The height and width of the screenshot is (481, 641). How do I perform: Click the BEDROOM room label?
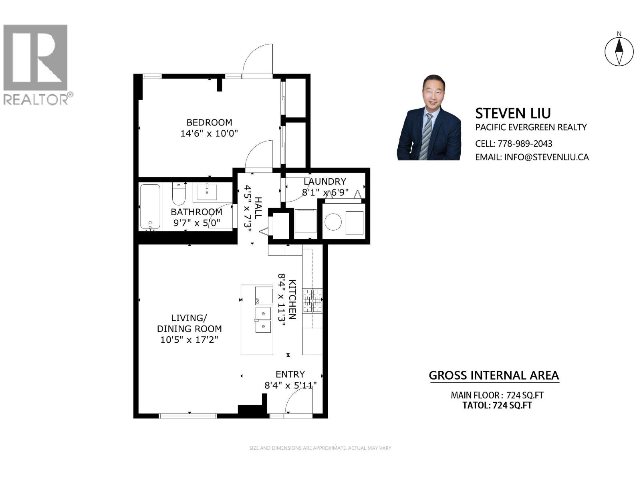click(x=209, y=122)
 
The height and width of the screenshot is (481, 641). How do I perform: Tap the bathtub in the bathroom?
click(x=150, y=206)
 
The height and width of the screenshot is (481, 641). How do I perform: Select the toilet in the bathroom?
click(x=179, y=194)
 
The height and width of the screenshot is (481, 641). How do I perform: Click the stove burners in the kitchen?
click(x=312, y=301)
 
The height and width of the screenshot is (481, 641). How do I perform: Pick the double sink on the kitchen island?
click(x=263, y=320)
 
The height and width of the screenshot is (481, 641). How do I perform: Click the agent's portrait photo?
click(x=429, y=118)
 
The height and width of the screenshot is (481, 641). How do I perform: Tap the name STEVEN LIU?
click(x=513, y=113)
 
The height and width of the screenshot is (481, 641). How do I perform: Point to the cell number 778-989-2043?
click(x=525, y=143)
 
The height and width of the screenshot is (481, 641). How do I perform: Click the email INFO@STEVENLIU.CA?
click(x=546, y=157)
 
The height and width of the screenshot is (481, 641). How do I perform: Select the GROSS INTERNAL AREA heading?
click(x=494, y=376)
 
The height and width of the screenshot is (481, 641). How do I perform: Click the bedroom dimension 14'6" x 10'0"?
click(x=209, y=133)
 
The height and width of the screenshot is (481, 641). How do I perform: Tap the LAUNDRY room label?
click(x=325, y=182)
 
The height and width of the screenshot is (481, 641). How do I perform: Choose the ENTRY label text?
click(x=290, y=374)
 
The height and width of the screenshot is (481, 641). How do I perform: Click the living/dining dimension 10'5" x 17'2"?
click(x=189, y=340)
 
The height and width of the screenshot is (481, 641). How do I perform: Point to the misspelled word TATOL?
click(x=476, y=405)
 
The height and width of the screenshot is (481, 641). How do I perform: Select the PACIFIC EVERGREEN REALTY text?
click(x=531, y=127)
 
